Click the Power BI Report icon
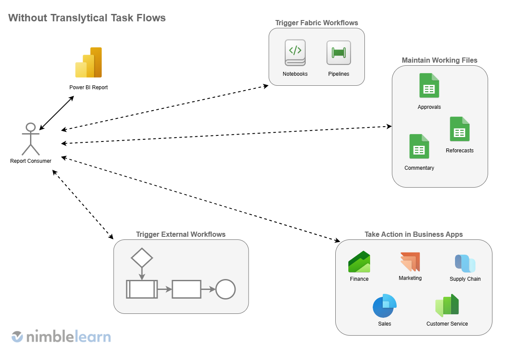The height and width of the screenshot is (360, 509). coord(88,63)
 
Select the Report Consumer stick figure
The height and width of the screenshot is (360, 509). coord(30,139)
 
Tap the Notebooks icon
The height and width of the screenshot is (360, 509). coord(295,53)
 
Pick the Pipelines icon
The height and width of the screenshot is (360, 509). coord(338,53)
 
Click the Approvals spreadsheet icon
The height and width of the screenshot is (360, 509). coord(429,85)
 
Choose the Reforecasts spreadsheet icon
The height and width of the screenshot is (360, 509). coord(459,129)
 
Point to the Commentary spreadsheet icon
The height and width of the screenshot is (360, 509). coord(419,146)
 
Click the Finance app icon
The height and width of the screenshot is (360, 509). coord(359,262)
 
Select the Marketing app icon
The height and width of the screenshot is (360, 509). coord(410,262)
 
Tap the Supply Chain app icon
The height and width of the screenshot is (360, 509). coord(465,263)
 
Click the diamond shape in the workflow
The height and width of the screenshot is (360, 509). coord(142,258)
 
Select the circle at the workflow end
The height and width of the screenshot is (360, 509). coord(226,289)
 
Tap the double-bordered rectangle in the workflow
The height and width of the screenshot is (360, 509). coord(142,289)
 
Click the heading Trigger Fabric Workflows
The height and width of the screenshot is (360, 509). coord(317,23)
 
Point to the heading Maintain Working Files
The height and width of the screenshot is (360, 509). coord(439,60)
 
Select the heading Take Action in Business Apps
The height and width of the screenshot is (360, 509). coord(414,234)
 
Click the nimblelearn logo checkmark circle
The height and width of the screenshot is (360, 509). coord(17,336)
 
